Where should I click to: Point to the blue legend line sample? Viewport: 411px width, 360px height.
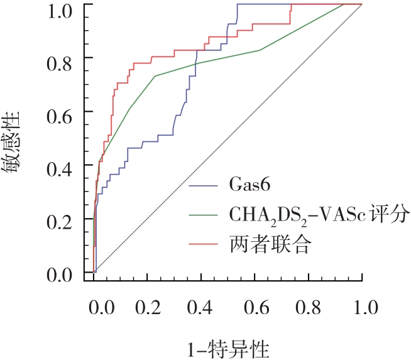(x=203, y=187)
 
